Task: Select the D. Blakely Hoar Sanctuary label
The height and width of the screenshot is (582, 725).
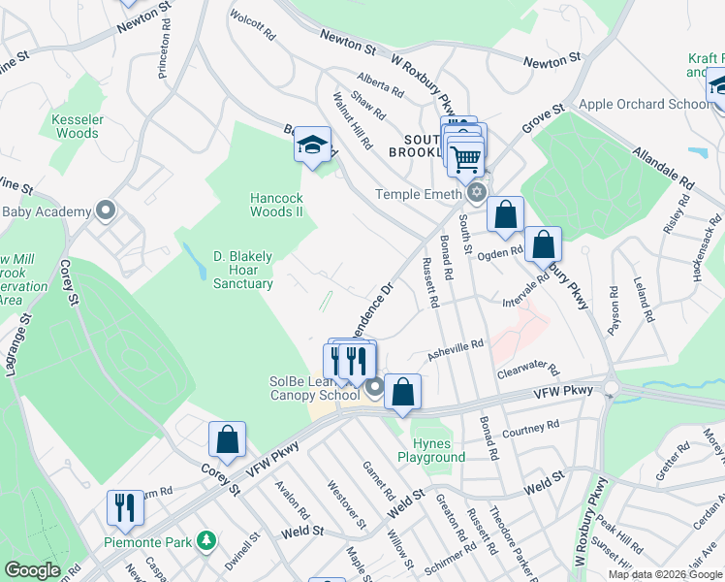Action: coord(242,270)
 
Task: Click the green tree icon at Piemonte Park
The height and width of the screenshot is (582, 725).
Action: coord(205,539)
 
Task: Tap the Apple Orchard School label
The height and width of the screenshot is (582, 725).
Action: coord(644,104)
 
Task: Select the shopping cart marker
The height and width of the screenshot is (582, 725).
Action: coord(466,156)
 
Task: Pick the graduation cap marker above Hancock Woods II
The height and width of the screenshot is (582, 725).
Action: coord(312,146)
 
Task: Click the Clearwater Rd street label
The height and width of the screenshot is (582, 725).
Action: coord(527,370)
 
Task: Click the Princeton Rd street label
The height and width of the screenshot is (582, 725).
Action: coord(163,50)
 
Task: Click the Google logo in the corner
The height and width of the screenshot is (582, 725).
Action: coord(32,570)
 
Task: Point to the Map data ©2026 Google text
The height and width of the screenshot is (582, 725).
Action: coord(666,574)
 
